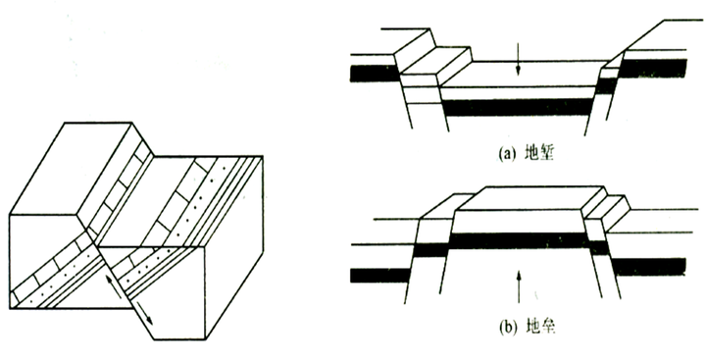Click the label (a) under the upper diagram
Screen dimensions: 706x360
pos(507,155)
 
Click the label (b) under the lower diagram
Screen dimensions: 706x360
pos(507,327)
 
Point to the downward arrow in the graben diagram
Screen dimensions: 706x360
pos(518,59)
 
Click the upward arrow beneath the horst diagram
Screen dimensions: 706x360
pos(519,286)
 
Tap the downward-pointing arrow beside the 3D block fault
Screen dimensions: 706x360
pos(144,311)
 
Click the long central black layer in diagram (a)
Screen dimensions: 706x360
pos(518,107)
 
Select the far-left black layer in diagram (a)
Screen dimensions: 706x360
pos(375,74)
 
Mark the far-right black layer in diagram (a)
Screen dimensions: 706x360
pos(653,68)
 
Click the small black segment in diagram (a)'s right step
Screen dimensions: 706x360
pos(606,85)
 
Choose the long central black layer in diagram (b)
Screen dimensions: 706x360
pos(520,241)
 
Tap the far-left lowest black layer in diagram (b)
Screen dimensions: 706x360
pos(380,276)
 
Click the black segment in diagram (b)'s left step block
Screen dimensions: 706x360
pos(431,250)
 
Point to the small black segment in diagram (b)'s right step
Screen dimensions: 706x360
pos(599,248)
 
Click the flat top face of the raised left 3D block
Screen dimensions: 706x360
pos(72,168)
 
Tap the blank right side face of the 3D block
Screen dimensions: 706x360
pos(234,248)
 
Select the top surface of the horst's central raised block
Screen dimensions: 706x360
pos(529,198)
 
